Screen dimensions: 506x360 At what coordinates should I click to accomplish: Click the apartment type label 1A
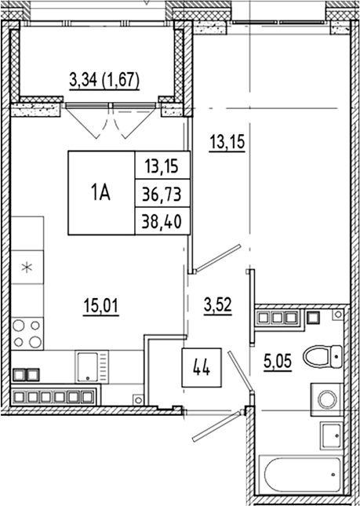point(101,193)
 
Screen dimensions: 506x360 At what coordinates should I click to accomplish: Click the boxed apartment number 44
point(201,367)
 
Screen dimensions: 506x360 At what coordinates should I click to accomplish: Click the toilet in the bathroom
point(324,357)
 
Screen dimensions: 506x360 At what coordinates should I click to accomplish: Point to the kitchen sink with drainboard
point(89,365)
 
